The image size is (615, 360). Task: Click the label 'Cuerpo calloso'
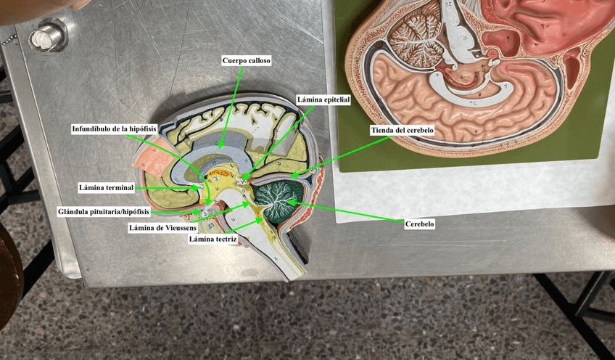[x=247, y=62]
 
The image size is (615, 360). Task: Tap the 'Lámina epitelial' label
[x=323, y=99]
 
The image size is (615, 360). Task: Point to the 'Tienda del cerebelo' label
[x=401, y=130]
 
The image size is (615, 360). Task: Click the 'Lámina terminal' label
[x=106, y=188]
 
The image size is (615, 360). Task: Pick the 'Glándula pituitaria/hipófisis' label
[x=104, y=212]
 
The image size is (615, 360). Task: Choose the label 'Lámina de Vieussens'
[x=162, y=227]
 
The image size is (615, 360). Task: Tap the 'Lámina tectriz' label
[x=212, y=238]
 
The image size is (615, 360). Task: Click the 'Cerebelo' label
[x=418, y=224]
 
